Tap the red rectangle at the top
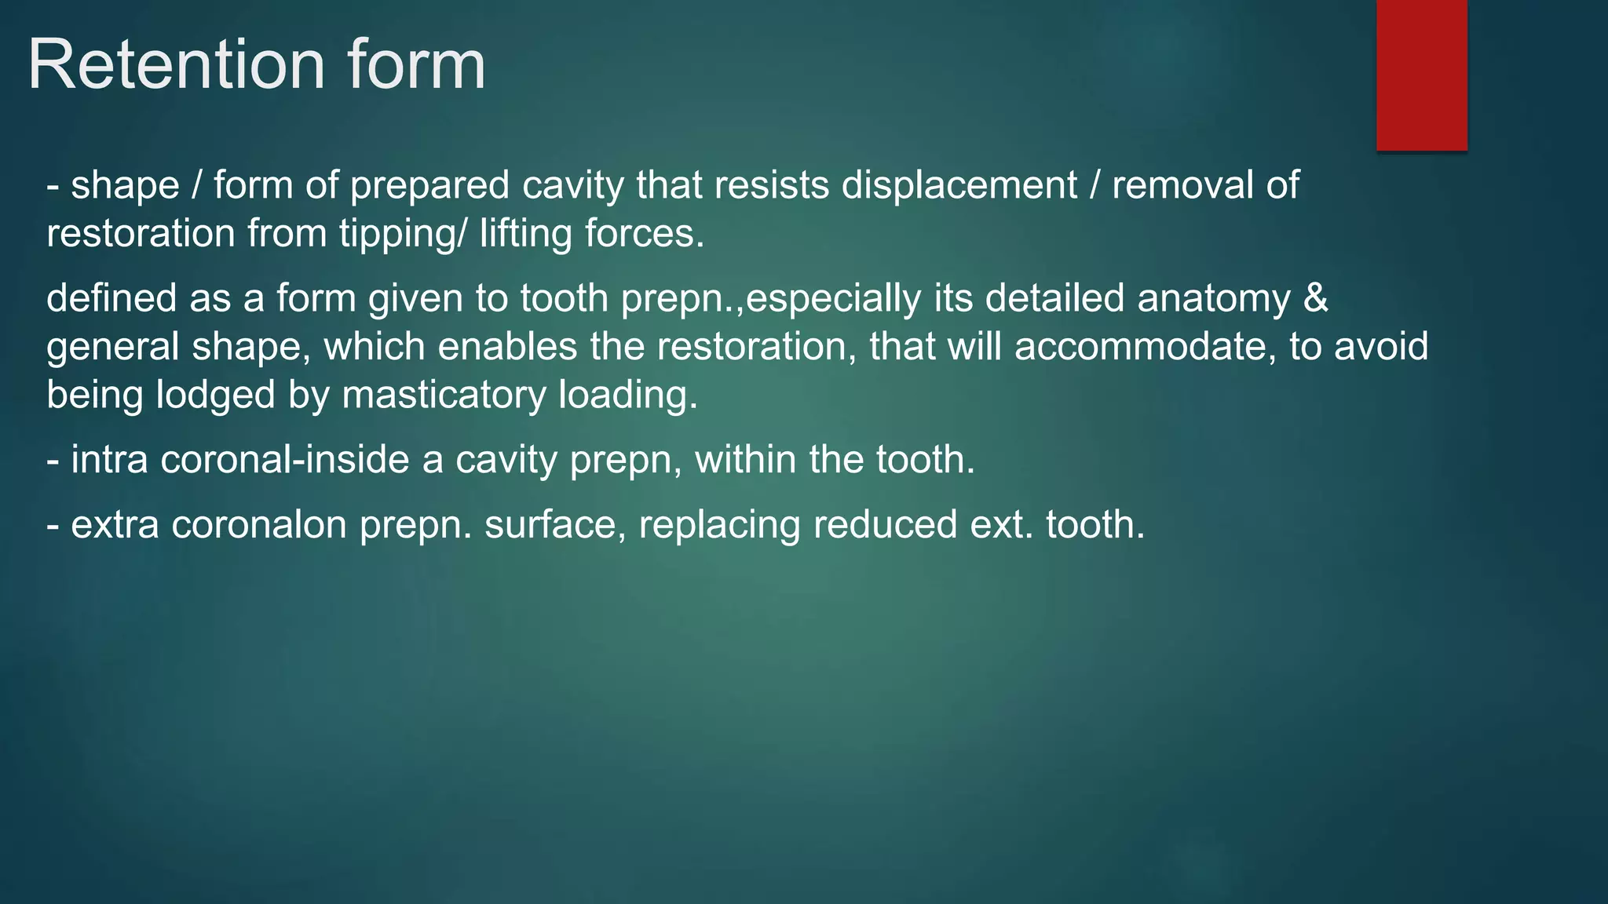pos(1421,75)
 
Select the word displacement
pos(959,186)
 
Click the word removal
pos(1182,186)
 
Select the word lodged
pos(215,395)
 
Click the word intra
pos(109,460)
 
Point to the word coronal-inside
pos(285,460)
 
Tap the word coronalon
pos(259,525)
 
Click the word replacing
pos(719,525)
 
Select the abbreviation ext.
pos(1001,525)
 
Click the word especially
pos(833,299)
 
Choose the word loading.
pos(627,395)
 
